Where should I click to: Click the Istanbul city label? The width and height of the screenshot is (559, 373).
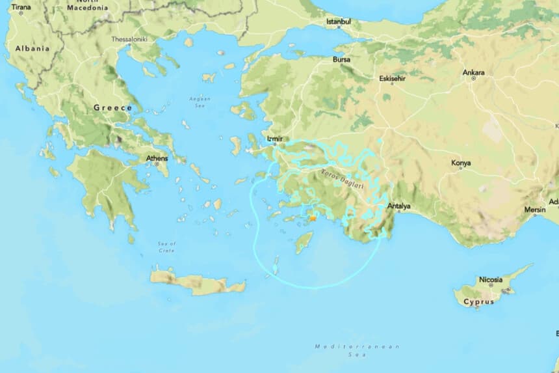pos(338,21)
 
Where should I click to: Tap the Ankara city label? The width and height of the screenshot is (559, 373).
pos(473,72)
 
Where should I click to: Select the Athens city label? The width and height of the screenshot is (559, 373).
pos(157,158)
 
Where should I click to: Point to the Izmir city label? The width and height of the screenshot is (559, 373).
pos(275,139)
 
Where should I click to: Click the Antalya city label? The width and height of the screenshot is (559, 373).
pos(399,207)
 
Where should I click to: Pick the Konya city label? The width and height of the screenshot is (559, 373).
pos(461,162)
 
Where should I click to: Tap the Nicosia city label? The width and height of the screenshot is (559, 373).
pos(491,280)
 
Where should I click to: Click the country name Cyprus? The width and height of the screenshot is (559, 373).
pos(478,302)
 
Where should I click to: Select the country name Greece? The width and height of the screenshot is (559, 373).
pos(112,107)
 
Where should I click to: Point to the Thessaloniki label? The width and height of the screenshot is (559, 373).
pos(129,39)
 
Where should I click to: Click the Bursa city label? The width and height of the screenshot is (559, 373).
pos(341,59)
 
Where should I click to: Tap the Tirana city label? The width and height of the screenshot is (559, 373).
pos(21,7)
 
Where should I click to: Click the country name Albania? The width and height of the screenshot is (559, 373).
pos(32,49)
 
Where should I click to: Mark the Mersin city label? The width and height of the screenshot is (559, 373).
pos(536,210)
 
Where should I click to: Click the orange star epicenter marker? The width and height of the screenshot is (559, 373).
pos(313,219)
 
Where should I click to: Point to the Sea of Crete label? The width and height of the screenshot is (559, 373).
pos(166,246)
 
